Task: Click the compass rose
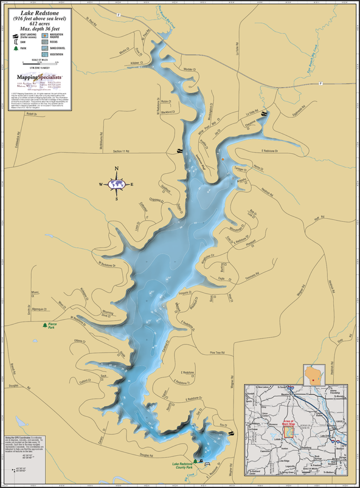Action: point(117,184)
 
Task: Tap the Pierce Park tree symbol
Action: point(44,324)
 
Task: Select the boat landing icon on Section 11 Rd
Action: point(179,151)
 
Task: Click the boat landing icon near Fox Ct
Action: point(231,434)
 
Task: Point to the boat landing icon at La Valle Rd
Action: point(264,114)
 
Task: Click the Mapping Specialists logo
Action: point(39,76)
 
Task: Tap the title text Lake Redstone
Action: point(39,13)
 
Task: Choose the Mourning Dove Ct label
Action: point(109,313)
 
